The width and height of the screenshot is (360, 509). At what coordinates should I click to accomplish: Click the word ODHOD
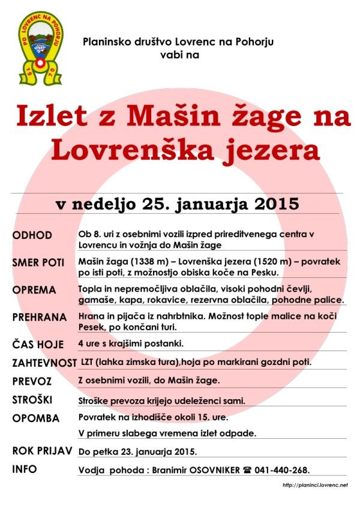click(32, 235)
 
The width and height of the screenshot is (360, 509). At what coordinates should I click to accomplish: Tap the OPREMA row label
click(34, 290)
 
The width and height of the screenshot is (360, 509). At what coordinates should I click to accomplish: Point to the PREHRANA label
click(40, 318)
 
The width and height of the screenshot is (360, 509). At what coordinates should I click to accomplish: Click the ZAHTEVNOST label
click(44, 363)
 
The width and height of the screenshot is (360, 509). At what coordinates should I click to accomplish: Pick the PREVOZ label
click(32, 381)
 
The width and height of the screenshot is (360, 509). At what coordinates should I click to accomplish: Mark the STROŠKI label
click(34, 400)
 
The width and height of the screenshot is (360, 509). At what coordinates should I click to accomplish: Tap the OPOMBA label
click(35, 418)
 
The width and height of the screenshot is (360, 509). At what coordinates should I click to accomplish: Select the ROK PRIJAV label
click(42, 451)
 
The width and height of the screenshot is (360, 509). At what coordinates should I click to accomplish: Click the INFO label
click(25, 469)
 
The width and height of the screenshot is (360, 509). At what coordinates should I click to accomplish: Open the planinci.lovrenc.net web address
click(314, 484)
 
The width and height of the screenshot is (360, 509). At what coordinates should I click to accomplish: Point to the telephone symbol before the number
click(246, 470)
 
